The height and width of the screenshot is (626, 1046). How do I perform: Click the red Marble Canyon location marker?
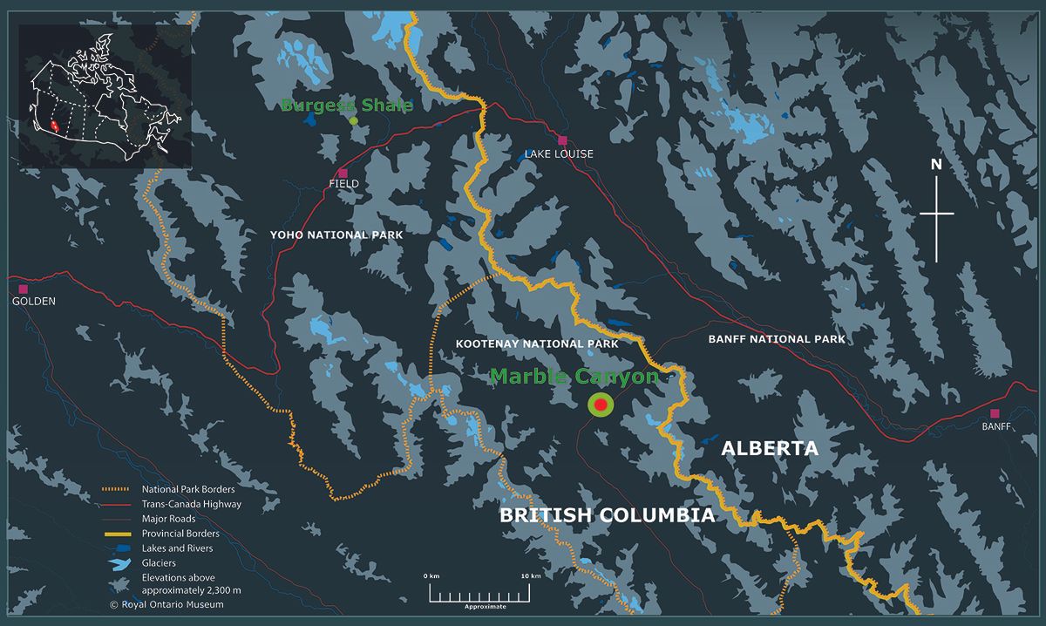pos(601,405)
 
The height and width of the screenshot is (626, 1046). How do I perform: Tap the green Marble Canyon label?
pos(574,377)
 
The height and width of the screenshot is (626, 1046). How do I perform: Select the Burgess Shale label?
pos(346,105)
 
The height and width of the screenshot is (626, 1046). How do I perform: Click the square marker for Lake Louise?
pos(563,140)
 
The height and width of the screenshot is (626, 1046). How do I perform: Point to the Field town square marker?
pos(343,173)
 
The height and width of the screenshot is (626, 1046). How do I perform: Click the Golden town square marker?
pos(23,289)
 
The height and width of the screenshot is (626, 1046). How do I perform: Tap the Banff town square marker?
pos(995,413)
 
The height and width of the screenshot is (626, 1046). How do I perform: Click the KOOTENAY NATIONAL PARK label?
pos(537,344)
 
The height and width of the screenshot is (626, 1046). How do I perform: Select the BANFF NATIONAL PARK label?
pos(777,339)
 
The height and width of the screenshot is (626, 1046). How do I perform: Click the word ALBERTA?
pos(770,449)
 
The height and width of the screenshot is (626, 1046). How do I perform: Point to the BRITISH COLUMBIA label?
pos(607,515)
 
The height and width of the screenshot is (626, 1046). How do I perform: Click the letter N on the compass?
pos(936,164)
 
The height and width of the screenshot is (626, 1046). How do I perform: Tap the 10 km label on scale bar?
pos(531,576)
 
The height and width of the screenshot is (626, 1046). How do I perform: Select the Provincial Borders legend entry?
pos(180,534)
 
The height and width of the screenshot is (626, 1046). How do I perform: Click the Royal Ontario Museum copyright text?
pos(166,604)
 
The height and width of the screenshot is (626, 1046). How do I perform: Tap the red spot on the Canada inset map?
pos(55,126)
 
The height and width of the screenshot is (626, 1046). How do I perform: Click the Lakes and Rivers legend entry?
pos(177,548)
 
